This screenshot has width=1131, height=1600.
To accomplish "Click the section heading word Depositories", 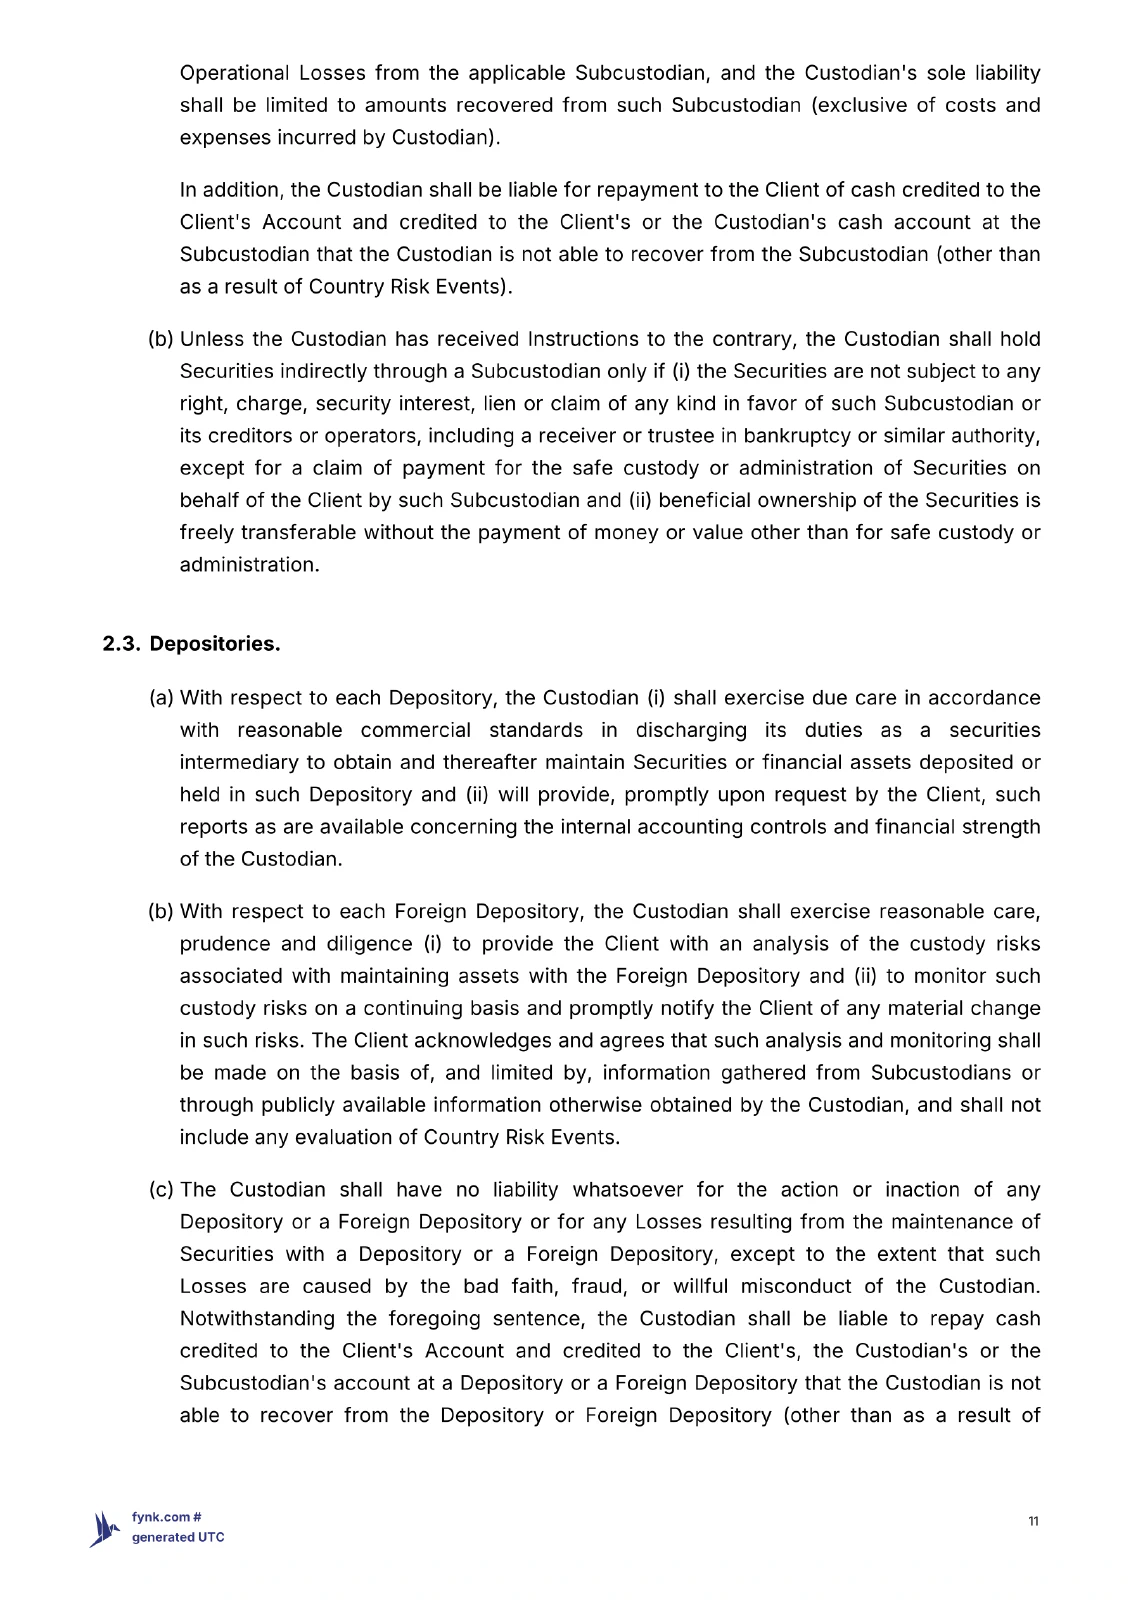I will [x=215, y=644].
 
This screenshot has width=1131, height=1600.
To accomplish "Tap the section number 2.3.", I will [x=121, y=644].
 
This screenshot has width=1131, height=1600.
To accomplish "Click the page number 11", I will [x=1033, y=1521].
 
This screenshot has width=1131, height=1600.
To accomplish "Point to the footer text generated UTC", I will [x=178, y=1537].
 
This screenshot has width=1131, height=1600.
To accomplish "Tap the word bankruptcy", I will [x=795, y=436].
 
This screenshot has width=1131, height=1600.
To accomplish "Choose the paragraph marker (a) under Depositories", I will [x=161, y=698].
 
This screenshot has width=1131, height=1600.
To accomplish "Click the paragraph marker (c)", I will [x=161, y=1190].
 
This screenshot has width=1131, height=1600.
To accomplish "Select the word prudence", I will [x=225, y=944].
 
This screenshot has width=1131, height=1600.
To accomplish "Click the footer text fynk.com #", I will [x=168, y=1517].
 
